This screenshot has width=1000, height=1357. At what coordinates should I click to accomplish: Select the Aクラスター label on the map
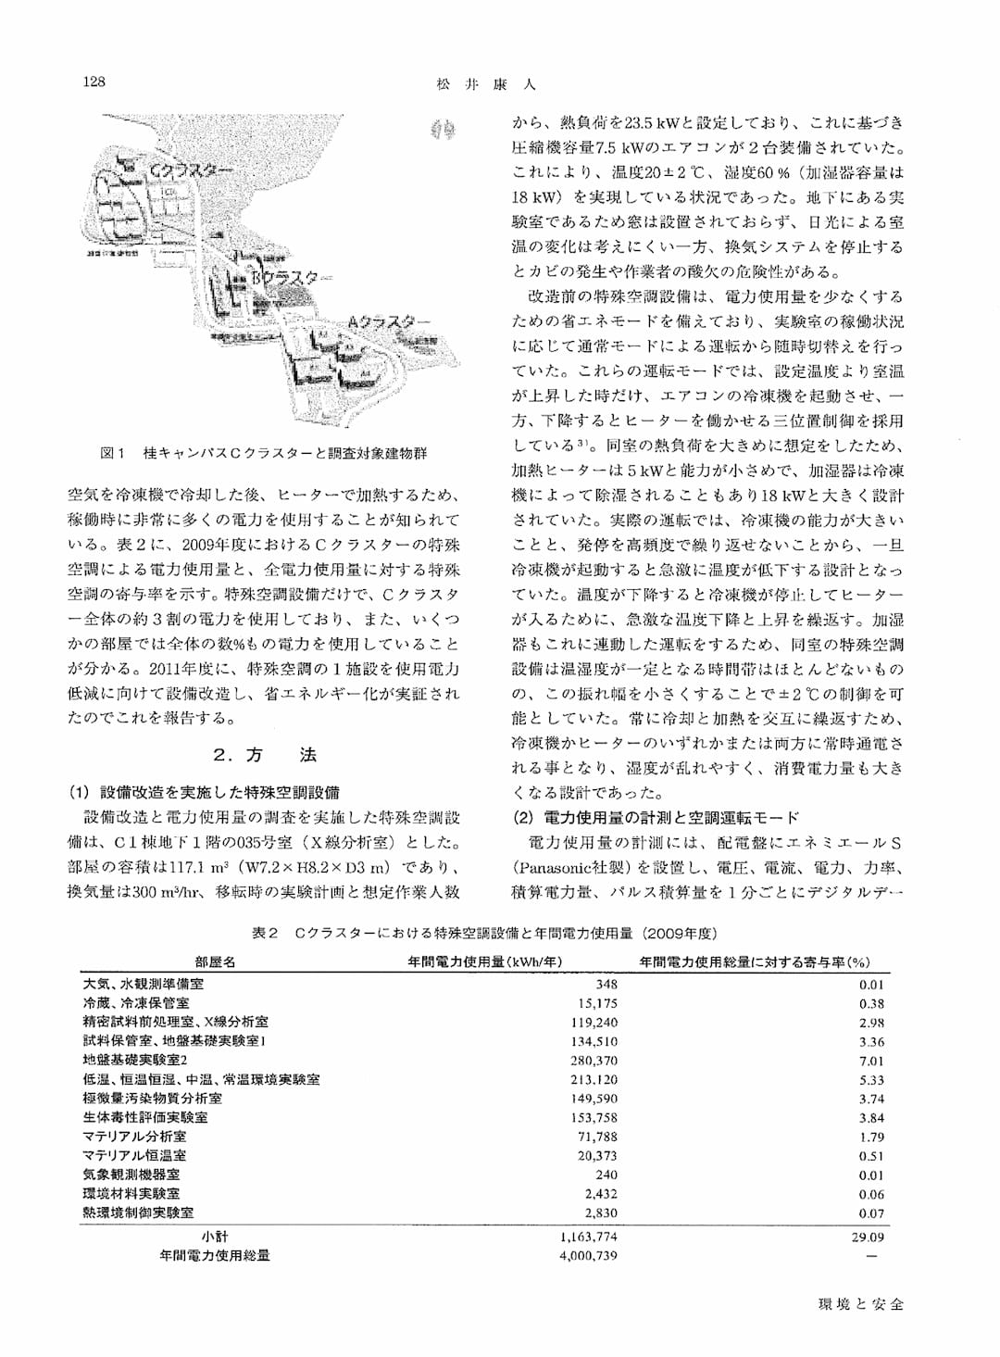click(x=388, y=321)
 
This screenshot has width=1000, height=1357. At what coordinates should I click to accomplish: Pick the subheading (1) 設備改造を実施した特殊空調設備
click(x=204, y=792)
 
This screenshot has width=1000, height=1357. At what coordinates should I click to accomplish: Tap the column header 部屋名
click(x=215, y=961)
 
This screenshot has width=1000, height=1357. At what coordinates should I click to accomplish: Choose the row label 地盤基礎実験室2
click(x=135, y=1060)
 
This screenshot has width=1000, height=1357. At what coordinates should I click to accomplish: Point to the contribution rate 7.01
click(x=871, y=1061)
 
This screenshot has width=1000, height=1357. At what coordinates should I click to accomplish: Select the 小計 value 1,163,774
click(x=589, y=1237)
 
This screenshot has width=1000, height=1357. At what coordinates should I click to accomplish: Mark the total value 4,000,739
click(x=589, y=1256)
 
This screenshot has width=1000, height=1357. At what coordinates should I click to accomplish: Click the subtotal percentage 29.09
click(x=868, y=1237)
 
